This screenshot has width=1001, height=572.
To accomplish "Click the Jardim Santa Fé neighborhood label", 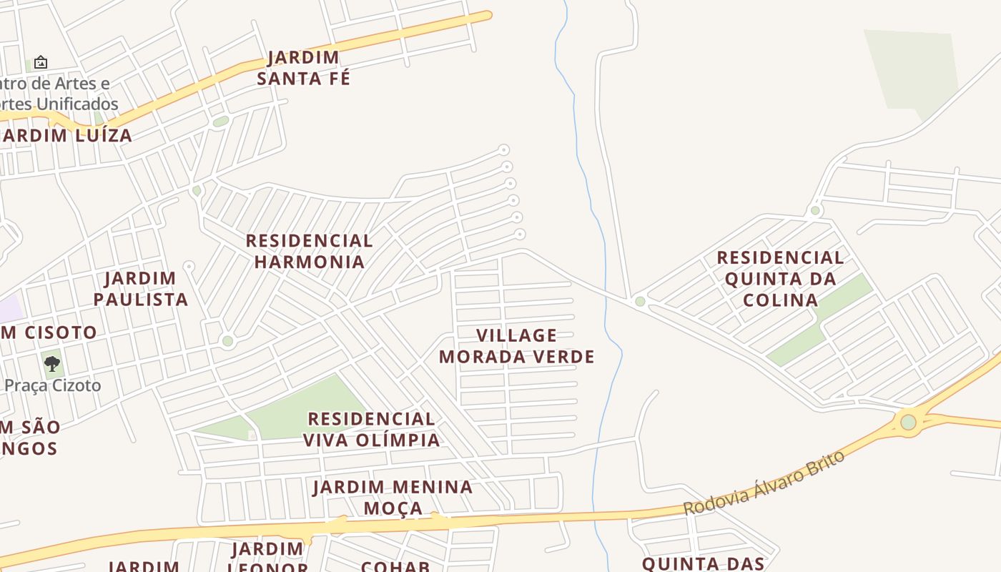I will pyautogui.click(x=304, y=68).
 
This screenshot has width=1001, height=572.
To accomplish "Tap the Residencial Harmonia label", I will pyautogui.click(x=310, y=251).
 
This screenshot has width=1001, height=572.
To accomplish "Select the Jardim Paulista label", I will pyautogui.click(x=141, y=289).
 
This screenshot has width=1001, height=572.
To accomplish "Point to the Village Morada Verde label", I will pyautogui.click(x=517, y=346).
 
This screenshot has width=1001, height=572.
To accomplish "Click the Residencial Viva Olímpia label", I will pyautogui.click(x=372, y=429).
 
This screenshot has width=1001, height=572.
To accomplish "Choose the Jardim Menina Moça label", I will pyautogui.click(x=393, y=497).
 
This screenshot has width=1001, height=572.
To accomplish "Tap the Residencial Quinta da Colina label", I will pyautogui.click(x=780, y=278).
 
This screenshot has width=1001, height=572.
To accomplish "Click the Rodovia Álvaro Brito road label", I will pyautogui.click(x=764, y=483).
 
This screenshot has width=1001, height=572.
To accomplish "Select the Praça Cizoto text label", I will pyautogui.click(x=52, y=385).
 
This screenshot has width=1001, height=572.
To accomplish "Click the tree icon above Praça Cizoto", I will pyautogui.click(x=51, y=364).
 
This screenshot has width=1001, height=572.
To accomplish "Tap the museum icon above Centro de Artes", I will pyautogui.click(x=41, y=63).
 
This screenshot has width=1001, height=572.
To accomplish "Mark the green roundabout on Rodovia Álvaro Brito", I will pyautogui.click(x=908, y=422).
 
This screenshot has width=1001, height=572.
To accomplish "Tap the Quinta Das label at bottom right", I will pyautogui.click(x=704, y=563).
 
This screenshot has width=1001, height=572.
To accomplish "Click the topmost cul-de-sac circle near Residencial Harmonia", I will pyautogui.click(x=504, y=150).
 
